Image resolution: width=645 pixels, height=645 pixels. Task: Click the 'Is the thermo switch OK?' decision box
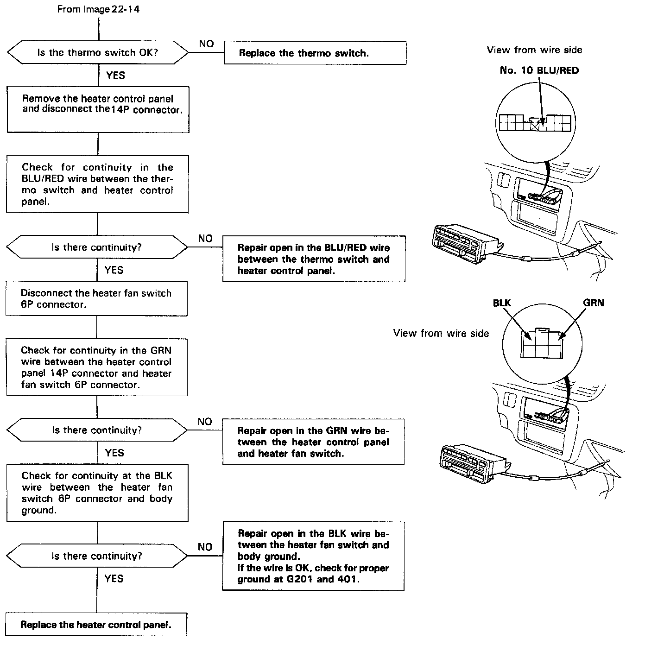click(98, 53)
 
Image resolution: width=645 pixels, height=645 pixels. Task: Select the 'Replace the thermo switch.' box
click(315, 53)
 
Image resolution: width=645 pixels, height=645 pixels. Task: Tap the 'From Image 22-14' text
click(98, 9)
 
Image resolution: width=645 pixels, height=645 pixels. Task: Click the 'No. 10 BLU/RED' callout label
click(539, 70)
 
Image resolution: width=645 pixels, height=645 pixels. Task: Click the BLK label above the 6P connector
click(502, 303)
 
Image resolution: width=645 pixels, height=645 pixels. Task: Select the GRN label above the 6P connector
click(593, 303)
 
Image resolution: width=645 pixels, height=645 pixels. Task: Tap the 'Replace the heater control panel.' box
click(96, 625)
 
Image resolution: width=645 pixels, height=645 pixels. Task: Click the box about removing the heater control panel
click(98, 109)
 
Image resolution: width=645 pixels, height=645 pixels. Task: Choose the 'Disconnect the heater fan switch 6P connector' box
click(96, 299)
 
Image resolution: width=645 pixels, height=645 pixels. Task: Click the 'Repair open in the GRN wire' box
click(313, 442)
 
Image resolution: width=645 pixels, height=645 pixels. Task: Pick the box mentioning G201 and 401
click(313, 556)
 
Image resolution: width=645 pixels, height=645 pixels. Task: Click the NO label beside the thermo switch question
click(207, 44)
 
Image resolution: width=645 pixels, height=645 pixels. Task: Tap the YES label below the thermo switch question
click(115, 75)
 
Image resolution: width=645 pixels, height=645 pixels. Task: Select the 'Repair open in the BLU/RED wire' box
click(314, 259)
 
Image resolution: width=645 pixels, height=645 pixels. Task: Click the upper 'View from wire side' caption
click(534, 50)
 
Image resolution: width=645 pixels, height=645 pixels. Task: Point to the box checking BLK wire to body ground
click(97, 493)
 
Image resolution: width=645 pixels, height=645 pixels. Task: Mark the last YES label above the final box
click(114, 578)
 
